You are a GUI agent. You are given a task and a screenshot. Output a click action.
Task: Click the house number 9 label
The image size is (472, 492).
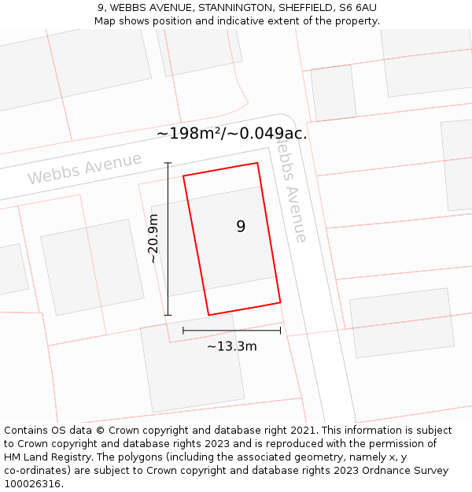tap(241, 227)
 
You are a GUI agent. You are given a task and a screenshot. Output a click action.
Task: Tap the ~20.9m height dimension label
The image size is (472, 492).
tap(153, 239)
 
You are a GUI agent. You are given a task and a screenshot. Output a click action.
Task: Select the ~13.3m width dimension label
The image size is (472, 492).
tap(232, 346)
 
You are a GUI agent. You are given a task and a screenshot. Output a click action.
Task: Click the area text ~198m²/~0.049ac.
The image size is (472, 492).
tap(232, 134)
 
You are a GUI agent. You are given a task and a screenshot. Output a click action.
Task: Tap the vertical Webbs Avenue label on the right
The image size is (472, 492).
tap(289, 193)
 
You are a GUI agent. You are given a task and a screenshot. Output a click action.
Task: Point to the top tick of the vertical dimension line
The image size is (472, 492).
tap(168, 163)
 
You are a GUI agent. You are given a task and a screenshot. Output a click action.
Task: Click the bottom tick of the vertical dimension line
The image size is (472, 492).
tap(168, 315)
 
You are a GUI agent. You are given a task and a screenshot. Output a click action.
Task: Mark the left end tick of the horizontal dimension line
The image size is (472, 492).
tap(183, 331)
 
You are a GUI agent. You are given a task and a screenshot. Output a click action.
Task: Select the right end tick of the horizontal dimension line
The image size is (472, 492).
tap(280, 331)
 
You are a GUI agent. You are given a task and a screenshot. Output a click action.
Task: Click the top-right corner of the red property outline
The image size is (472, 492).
tap(257, 163)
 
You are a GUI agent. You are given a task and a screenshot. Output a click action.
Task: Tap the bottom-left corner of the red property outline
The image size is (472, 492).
tap(208, 315)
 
